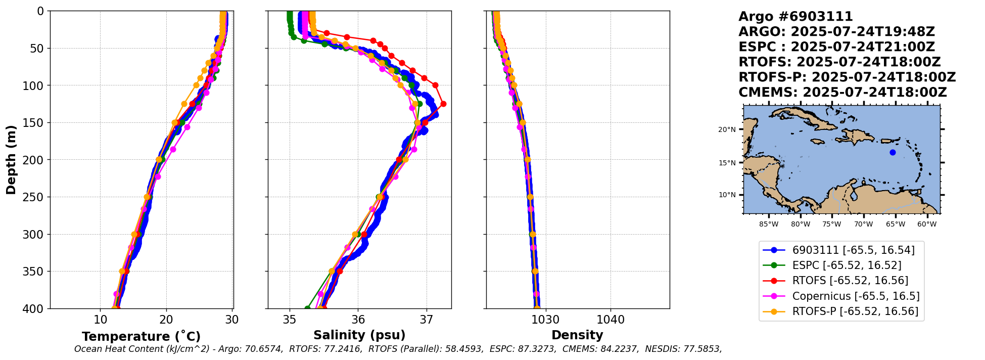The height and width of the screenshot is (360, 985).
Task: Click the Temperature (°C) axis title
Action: point(141,337)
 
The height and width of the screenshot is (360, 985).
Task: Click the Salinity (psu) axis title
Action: point(359,335)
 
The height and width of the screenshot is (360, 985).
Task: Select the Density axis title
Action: point(577,335)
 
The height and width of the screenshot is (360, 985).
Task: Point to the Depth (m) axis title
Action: point(11,160)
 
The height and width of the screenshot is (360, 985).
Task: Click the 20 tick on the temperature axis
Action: point(166,320)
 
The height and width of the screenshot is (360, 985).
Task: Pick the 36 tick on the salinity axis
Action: point(358,320)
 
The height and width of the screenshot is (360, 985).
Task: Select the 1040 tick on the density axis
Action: point(611,320)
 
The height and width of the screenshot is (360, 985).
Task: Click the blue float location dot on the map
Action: point(893,152)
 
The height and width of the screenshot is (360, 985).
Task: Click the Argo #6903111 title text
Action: point(795,17)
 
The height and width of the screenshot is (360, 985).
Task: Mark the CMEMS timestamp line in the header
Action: point(842,93)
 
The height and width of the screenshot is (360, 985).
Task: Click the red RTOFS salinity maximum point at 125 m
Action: point(443,104)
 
